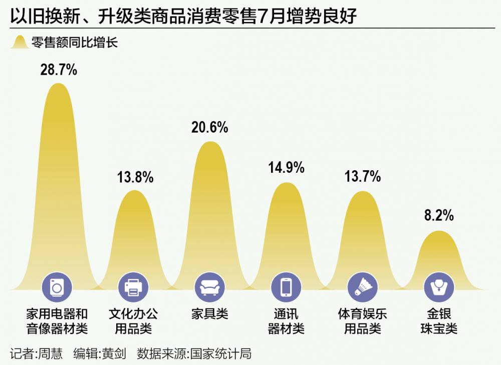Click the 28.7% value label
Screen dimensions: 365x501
point(59,70)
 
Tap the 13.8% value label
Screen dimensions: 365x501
point(135,177)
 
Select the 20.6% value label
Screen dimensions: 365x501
point(210,128)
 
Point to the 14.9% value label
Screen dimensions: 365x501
point(286,168)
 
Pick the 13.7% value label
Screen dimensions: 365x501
point(362,177)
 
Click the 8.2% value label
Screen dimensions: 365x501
point(438,216)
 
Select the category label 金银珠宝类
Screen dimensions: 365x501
point(438,321)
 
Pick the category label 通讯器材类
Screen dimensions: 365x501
point(286,321)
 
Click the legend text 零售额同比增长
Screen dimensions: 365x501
point(74,43)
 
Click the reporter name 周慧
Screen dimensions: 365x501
point(51,353)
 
